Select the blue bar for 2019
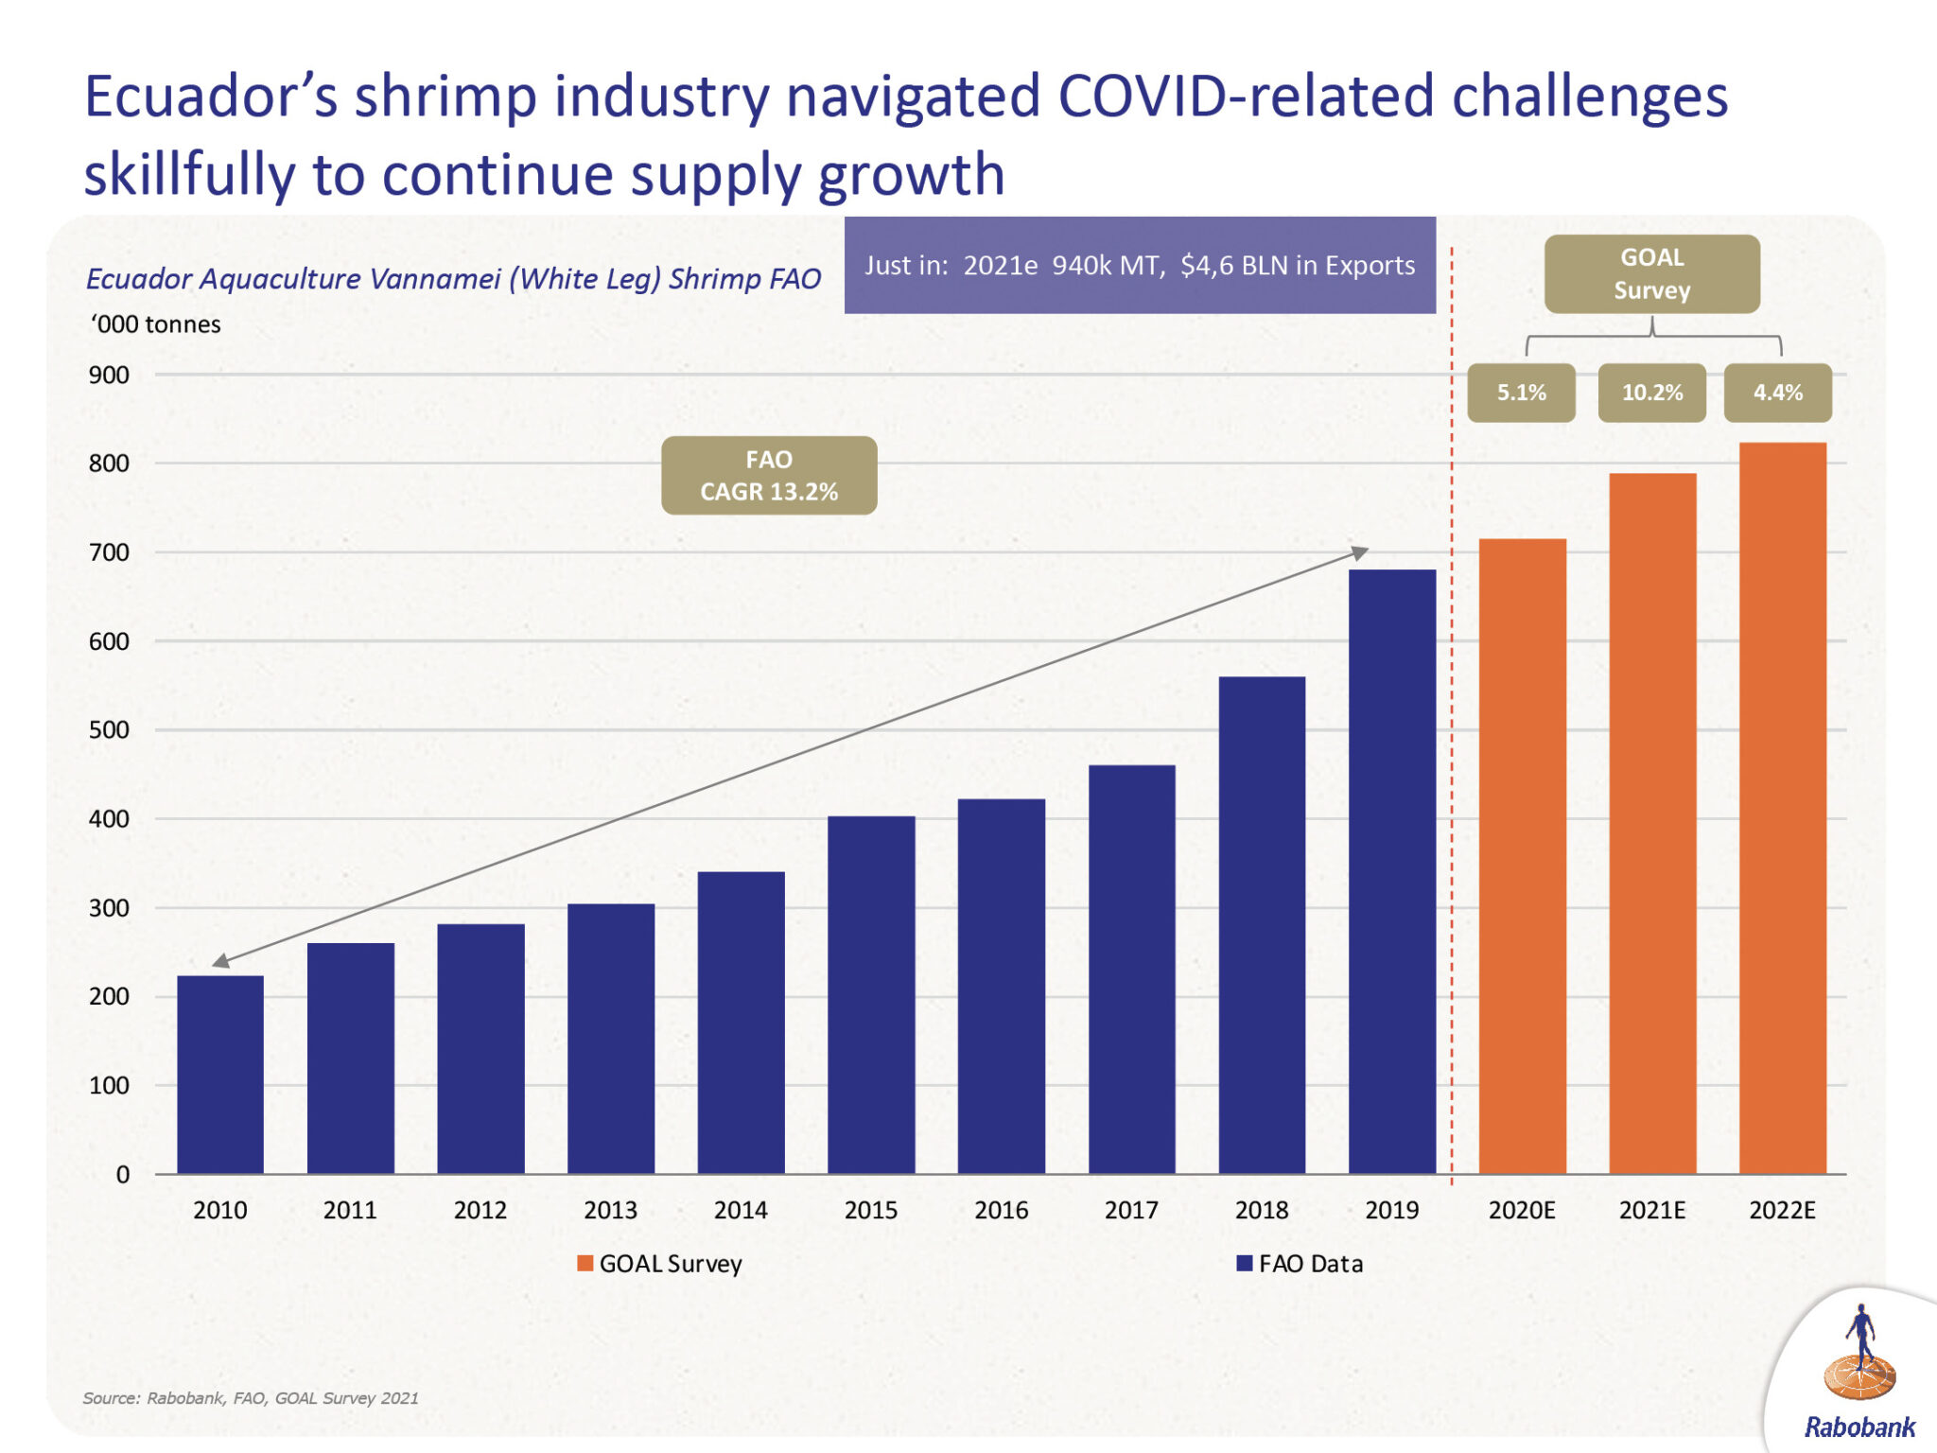tap(1391, 870)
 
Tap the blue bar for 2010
tap(220, 1074)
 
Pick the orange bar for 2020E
tap(1522, 855)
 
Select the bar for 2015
tap(871, 993)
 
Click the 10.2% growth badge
tap(1651, 393)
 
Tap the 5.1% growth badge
tap(1521, 393)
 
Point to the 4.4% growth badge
tap(1777, 393)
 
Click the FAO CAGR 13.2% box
tap(769, 475)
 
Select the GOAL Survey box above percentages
tap(1651, 273)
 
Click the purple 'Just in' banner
tap(1140, 265)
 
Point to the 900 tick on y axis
tap(110, 376)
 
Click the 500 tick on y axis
tap(110, 730)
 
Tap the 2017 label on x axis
tap(1131, 1210)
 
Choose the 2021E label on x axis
tap(1651, 1210)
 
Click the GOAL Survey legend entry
tap(660, 1264)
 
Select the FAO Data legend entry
tap(1300, 1264)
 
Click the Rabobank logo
tap(1859, 1372)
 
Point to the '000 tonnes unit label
tap(156, 324)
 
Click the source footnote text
tap(251, 1398)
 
